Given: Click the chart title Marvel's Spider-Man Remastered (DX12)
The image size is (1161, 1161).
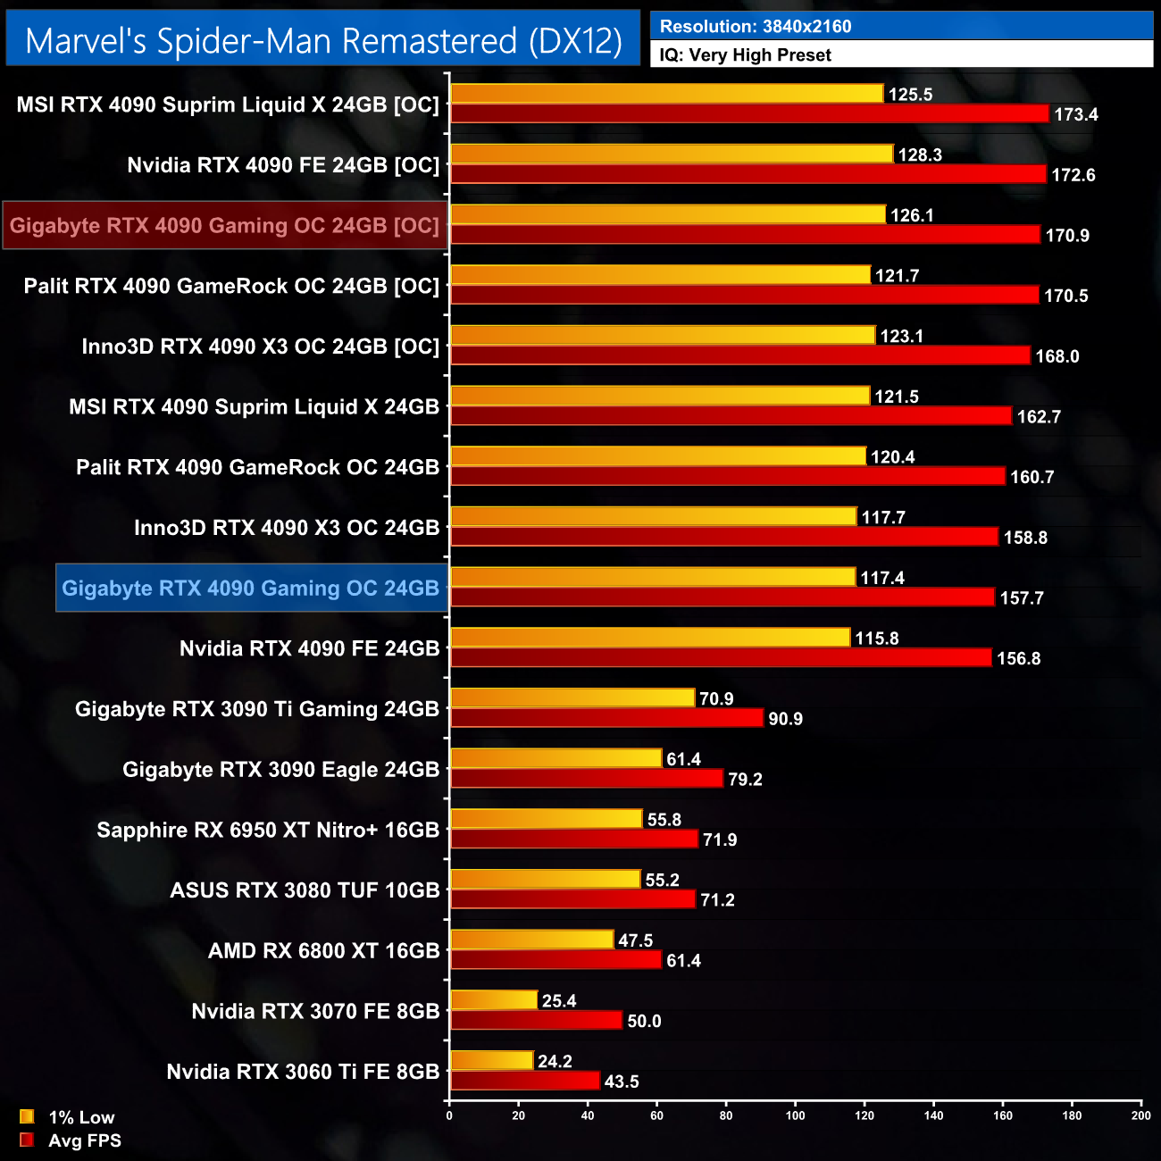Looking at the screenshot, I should (323, 41).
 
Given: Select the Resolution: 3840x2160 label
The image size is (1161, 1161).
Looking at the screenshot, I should (756, 27).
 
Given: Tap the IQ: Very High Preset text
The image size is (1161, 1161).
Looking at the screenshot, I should (745, 55).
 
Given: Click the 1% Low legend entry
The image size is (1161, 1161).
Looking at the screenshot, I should (80, 1117).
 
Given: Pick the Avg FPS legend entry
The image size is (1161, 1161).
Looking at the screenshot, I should (84, 1140).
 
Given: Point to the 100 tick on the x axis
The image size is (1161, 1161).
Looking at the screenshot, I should (795, 1115).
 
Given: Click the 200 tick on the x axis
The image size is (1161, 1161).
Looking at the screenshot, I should (1140, 1115).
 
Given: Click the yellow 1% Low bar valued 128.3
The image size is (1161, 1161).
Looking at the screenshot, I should (672, 155).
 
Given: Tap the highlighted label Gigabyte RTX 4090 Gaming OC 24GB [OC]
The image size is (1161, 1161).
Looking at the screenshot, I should (224, 226).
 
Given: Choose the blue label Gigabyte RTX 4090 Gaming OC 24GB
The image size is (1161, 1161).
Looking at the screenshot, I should (250, 589).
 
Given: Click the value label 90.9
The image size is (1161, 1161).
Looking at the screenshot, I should (785, 719).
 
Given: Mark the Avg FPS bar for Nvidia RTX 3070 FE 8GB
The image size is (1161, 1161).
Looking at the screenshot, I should (536, 1021).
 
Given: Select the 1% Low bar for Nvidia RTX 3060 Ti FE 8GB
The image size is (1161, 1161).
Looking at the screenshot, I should (492, 1061).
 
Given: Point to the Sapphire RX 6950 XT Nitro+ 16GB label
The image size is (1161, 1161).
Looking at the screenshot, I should (268, 831).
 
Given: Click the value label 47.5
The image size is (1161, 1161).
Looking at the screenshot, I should (635, 940).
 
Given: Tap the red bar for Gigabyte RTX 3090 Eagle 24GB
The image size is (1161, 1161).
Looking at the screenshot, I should (587, 779).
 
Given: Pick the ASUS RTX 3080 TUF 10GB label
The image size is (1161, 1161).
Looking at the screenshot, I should (305, 890).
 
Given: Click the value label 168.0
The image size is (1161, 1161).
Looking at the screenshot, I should (1057, 356).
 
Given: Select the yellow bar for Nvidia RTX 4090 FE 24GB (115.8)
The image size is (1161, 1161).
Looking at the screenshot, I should (650, 638).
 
